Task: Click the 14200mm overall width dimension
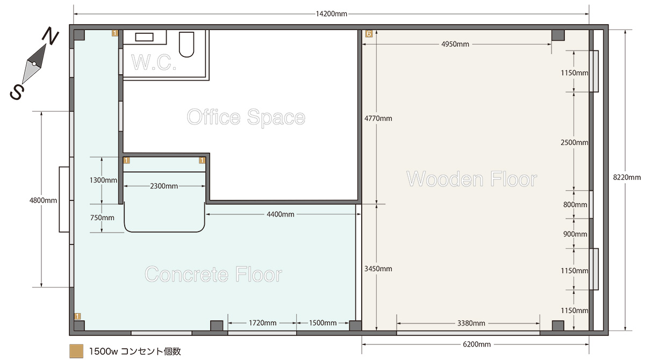tap(332, 14)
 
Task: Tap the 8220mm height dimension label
tap(627, 177)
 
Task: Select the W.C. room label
tap(154, 62)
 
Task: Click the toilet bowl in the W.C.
tap(187, 44)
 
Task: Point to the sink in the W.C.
tap(144, 37)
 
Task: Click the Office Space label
tap(246, 117)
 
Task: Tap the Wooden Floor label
tap(472, 179)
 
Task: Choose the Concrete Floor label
tap(213, 274)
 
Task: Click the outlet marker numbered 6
tap(369, 34)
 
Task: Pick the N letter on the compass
tap(50, 35)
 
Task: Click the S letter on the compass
tap(17, 92)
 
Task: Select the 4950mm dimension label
tap(455, 44)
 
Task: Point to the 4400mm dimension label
tap(281, 214)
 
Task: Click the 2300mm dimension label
tap(164, 186)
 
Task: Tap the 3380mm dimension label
tap(471, 323)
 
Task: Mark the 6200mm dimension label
tap(477, 344)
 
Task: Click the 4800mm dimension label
tap(43, 200)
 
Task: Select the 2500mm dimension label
tap(575, 142)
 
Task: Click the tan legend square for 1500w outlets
tap(76, 351)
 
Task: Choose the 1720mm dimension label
tap(263, 323)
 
